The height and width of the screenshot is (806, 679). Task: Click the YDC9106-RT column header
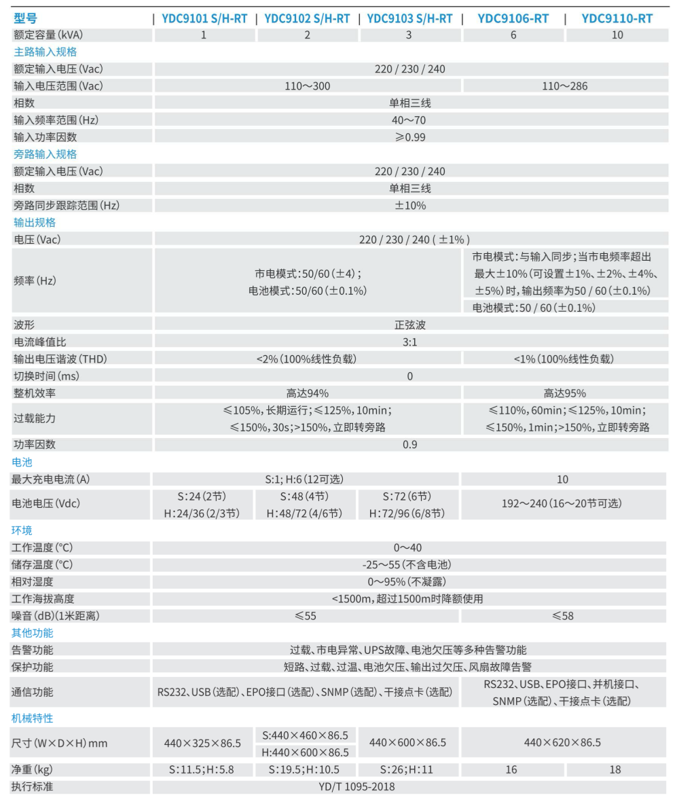(x=513, y=18)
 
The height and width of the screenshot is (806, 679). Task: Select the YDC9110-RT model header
(x=617, y=18)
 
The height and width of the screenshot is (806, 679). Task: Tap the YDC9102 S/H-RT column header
(x=307, y=18)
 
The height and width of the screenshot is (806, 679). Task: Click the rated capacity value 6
(x=513, y=35)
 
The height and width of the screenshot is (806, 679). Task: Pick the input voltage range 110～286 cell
(x=565, y=86)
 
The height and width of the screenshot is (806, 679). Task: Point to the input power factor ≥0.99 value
(x=410, y=136)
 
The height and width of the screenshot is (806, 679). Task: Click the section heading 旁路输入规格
(x=45, y=154)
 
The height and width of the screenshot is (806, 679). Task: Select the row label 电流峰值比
(x=40, y=342)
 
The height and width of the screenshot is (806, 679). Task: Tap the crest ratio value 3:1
(x=410, y=342)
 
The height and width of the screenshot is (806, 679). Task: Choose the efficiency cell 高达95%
(x=564, y=393)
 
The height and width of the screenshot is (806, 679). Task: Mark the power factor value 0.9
(x=410, y=445)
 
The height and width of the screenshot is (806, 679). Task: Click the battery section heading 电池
(x=23, y=462)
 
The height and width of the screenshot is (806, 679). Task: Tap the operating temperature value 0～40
(x=410, y=547)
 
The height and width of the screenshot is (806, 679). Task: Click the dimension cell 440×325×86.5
(x=202, y=743)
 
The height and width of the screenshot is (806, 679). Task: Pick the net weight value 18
(x=617, y=770)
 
